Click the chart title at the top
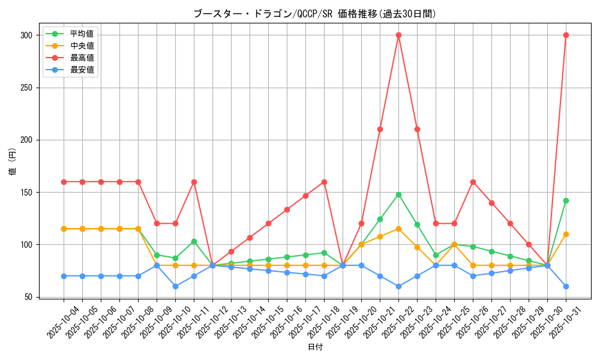click(315, 14)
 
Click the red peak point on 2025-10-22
click(398, 35)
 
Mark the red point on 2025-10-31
click(566, 35)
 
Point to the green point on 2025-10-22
click(398, 194)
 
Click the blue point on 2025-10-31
click(566, 286)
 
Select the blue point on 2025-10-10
click(175, 286)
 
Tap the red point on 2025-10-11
click(194, 182)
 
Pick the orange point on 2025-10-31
click(566, 234)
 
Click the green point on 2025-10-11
click(194, 241)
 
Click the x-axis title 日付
click(315, 347)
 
